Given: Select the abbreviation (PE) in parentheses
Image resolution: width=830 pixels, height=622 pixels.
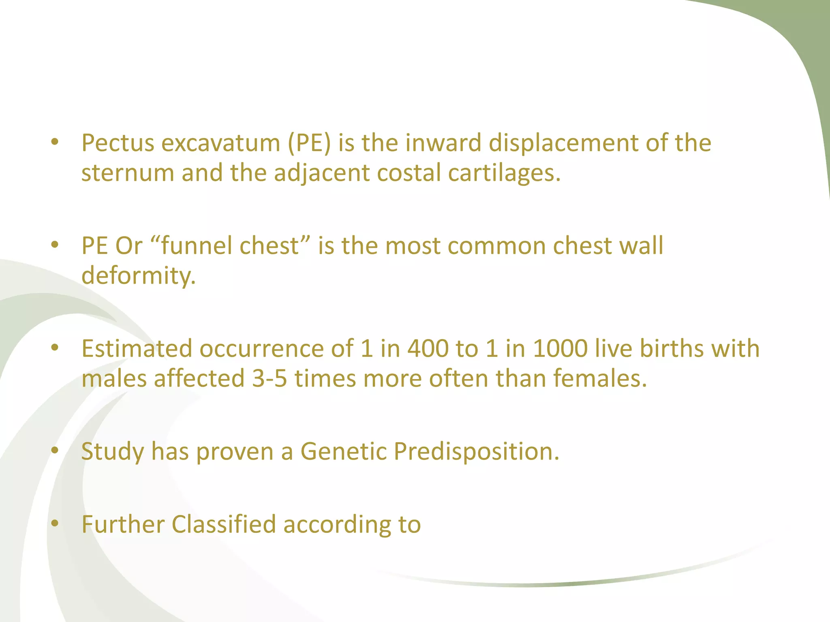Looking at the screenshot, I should (309, 143).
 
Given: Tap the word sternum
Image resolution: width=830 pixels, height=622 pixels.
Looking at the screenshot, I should (127, 173).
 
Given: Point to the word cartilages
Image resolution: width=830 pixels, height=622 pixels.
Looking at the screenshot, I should (504, 173).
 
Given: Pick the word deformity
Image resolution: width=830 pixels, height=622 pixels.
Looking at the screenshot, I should (138, 276).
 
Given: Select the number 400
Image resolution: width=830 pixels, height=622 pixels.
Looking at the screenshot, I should (428, 348).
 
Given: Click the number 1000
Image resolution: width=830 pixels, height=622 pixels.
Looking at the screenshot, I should (560, 348).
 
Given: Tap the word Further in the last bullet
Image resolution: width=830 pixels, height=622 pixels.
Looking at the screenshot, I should (123, 524).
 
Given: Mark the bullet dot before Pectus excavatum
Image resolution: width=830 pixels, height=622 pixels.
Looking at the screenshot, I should (55, 142).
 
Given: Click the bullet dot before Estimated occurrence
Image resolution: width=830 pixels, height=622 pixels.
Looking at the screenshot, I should (55, 347).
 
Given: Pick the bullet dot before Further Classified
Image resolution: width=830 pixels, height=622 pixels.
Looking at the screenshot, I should (55, 524).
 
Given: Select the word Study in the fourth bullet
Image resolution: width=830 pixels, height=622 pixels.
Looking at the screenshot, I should (112, 451).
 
